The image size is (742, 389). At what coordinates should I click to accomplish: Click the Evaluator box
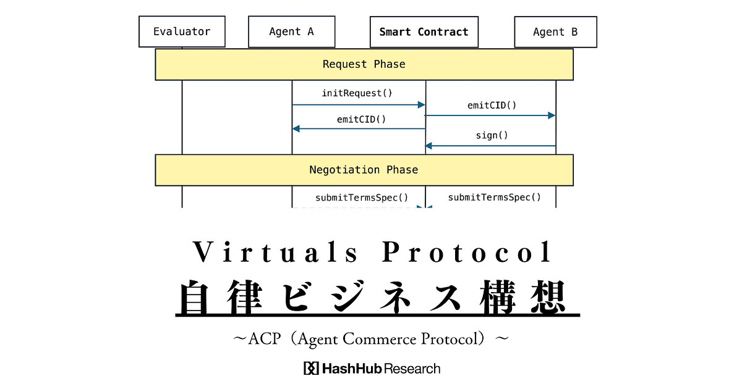182,31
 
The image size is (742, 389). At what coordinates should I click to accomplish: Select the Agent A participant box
291,31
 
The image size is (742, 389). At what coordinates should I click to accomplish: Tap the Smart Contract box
424,32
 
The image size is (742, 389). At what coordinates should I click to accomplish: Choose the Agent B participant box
555,32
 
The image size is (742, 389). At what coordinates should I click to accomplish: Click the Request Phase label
364,64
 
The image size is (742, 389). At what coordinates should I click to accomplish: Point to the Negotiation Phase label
364,170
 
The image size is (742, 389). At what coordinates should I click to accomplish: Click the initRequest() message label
357,93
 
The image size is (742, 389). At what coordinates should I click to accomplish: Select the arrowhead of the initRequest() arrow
421,105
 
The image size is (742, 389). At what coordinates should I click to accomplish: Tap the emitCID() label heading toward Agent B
492,106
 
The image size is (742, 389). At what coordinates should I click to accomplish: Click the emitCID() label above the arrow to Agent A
361,119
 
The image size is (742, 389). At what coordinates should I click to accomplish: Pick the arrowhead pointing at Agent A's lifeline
296,128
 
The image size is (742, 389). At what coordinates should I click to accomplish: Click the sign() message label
492,135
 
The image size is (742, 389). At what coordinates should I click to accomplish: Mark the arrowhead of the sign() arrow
429,146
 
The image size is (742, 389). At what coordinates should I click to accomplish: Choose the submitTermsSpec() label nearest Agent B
495,198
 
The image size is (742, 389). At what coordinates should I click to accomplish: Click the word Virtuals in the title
275,252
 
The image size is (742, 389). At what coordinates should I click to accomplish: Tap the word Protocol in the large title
467,252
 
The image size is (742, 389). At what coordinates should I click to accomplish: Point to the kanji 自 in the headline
194,297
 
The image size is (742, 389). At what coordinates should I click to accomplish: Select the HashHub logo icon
311,368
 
